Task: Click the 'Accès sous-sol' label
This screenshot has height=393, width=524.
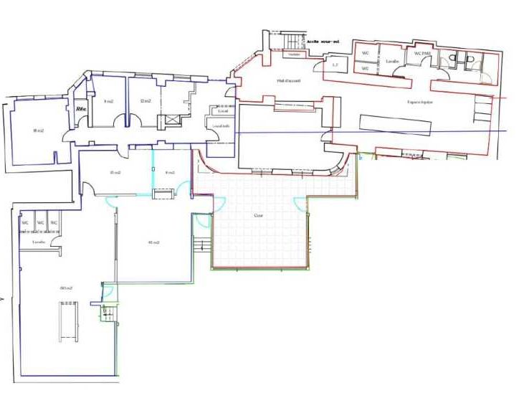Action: pyautogui.click(x=323, y=42)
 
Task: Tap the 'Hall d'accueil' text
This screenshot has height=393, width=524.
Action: pyautogui.click(x=288, y=81)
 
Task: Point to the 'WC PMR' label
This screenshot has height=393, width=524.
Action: pyautogui.click(x=421, y=52)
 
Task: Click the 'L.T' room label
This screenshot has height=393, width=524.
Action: pyautogui.click(x=335, y=65)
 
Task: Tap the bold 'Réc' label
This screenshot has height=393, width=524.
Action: pyautogui.click(x=81, y=109)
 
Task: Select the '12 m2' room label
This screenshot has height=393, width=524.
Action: pyautogui.click(x=146, y=101)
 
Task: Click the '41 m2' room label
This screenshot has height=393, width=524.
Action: pyautogui.click(x=153, y=242)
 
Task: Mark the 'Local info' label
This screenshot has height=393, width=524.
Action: pyautogui.click(x=221, y=126)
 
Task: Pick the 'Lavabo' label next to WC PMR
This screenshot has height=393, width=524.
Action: pyautogui.click(x=391, y=62)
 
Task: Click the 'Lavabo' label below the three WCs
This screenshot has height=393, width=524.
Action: pyautogui.click(x=39, y=242)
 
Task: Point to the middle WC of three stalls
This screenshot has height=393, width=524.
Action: pyautogui.click(x=41, y=223)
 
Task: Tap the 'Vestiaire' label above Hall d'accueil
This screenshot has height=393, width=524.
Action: pyautogui.click(x=292, y=55)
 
